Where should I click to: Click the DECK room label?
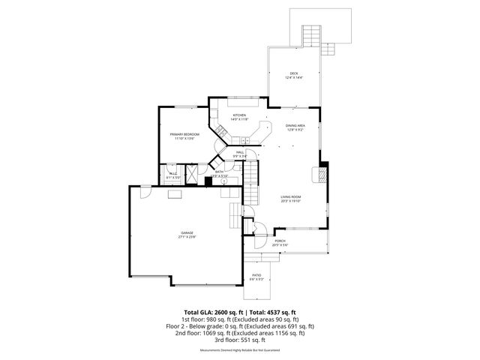coord(293,73)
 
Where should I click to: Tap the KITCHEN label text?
coord(239,115)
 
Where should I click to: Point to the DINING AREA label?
coord(295,126)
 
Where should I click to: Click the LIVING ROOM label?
coord(290,196)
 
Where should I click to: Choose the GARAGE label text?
coord(187,233)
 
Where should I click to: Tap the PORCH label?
coord(279,241)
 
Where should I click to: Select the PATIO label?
coord(256,275)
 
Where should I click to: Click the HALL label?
coord(240,152)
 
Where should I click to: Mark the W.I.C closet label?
coord(172,173)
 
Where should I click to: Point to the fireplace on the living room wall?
coord(323,175)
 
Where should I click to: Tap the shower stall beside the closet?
coord(191,172)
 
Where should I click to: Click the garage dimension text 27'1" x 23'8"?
coord(187,238)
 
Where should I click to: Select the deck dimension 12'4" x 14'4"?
coord(293,77)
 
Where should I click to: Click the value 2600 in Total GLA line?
coord(226,311)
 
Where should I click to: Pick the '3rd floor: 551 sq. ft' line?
coord(240,340)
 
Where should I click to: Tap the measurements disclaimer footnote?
coord(240,350)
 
